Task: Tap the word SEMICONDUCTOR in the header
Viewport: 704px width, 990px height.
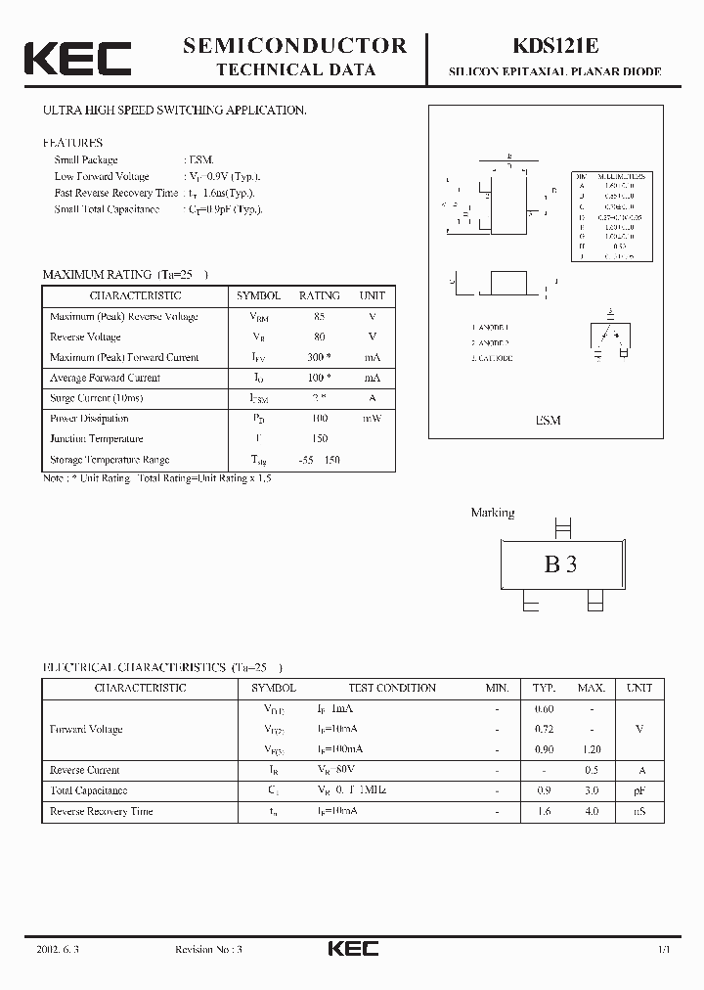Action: (295, 45)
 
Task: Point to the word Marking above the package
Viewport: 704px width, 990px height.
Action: (493, 513)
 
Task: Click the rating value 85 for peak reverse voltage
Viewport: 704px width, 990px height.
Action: (319, 316)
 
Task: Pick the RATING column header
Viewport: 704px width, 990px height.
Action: (319, 295)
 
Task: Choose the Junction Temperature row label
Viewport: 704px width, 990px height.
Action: (97, 439)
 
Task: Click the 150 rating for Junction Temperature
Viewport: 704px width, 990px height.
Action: (319, 439)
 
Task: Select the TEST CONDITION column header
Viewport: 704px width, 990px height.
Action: (378, 688)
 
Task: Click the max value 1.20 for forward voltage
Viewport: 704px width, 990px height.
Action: (592, 749)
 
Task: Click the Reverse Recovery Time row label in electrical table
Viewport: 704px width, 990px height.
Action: (102, 811)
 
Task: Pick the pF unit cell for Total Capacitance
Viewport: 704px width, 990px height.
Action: (638, 790)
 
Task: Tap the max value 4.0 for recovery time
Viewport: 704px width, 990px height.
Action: (592, 811)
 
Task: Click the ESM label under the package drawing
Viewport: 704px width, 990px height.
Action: (549, 420)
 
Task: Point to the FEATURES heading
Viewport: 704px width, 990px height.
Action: (72, 143)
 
